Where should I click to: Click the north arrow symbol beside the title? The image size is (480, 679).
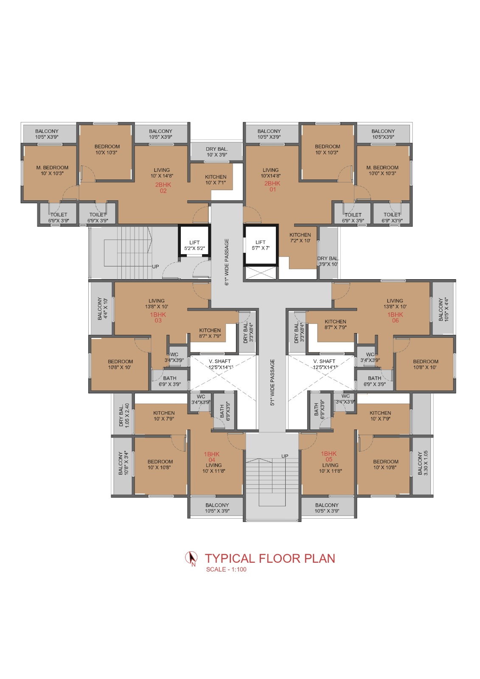[x=191, y=558]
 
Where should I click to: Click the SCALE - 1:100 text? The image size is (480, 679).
[x=226, y=570]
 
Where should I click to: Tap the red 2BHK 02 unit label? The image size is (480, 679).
[x=163, y=188]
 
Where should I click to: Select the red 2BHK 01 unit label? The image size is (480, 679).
[x=272, y=186]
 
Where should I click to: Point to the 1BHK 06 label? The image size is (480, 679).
[x=395, y=317]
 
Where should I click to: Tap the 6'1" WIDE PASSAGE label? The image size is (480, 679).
[x=227, y=262]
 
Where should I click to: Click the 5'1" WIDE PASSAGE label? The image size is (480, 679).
[x=272, y=382]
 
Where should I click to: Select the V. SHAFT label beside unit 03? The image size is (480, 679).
[x=220, y=361]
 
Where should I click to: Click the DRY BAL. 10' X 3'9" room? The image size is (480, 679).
[x=216, y=152]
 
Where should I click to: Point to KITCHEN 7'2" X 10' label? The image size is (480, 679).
[x=300, y=238]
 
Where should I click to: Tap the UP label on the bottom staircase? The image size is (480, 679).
[x=285, y=456]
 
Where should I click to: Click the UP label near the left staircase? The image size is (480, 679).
[x=155, y=267]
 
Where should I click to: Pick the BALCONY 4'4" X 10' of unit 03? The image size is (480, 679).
[x=102, y=309]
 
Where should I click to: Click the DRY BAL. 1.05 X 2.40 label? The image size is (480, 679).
[x=124, y=415]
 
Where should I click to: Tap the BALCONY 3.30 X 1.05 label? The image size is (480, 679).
[x=423, y=463]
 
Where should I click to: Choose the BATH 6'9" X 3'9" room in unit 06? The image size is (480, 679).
[x=374, y=381]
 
